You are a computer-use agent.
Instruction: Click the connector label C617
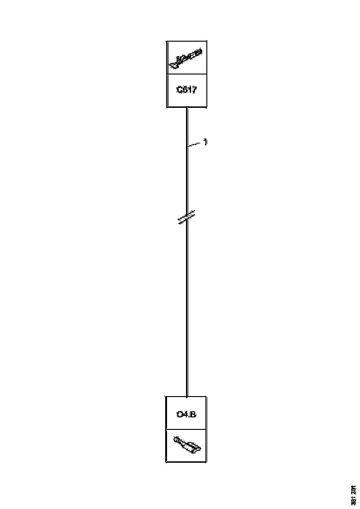coord(186,90)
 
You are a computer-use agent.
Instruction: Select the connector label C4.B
coord(186,414)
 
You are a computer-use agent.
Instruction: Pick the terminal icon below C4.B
coord(186,445)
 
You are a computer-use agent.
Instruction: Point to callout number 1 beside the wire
coord(205,143)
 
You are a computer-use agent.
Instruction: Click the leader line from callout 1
coord(195,145)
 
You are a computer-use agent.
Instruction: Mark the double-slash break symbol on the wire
coord(187,217)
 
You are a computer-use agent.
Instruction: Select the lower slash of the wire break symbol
coord(187,221)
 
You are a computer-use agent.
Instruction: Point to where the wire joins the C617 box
coord(187,108)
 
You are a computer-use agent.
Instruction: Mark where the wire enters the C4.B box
coord(187,397)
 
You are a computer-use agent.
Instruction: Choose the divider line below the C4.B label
coord(186,429)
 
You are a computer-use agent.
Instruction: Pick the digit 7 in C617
coord(194,90)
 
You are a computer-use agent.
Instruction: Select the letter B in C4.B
coord(193,414)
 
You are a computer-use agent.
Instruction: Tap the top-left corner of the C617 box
coord(167,42)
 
